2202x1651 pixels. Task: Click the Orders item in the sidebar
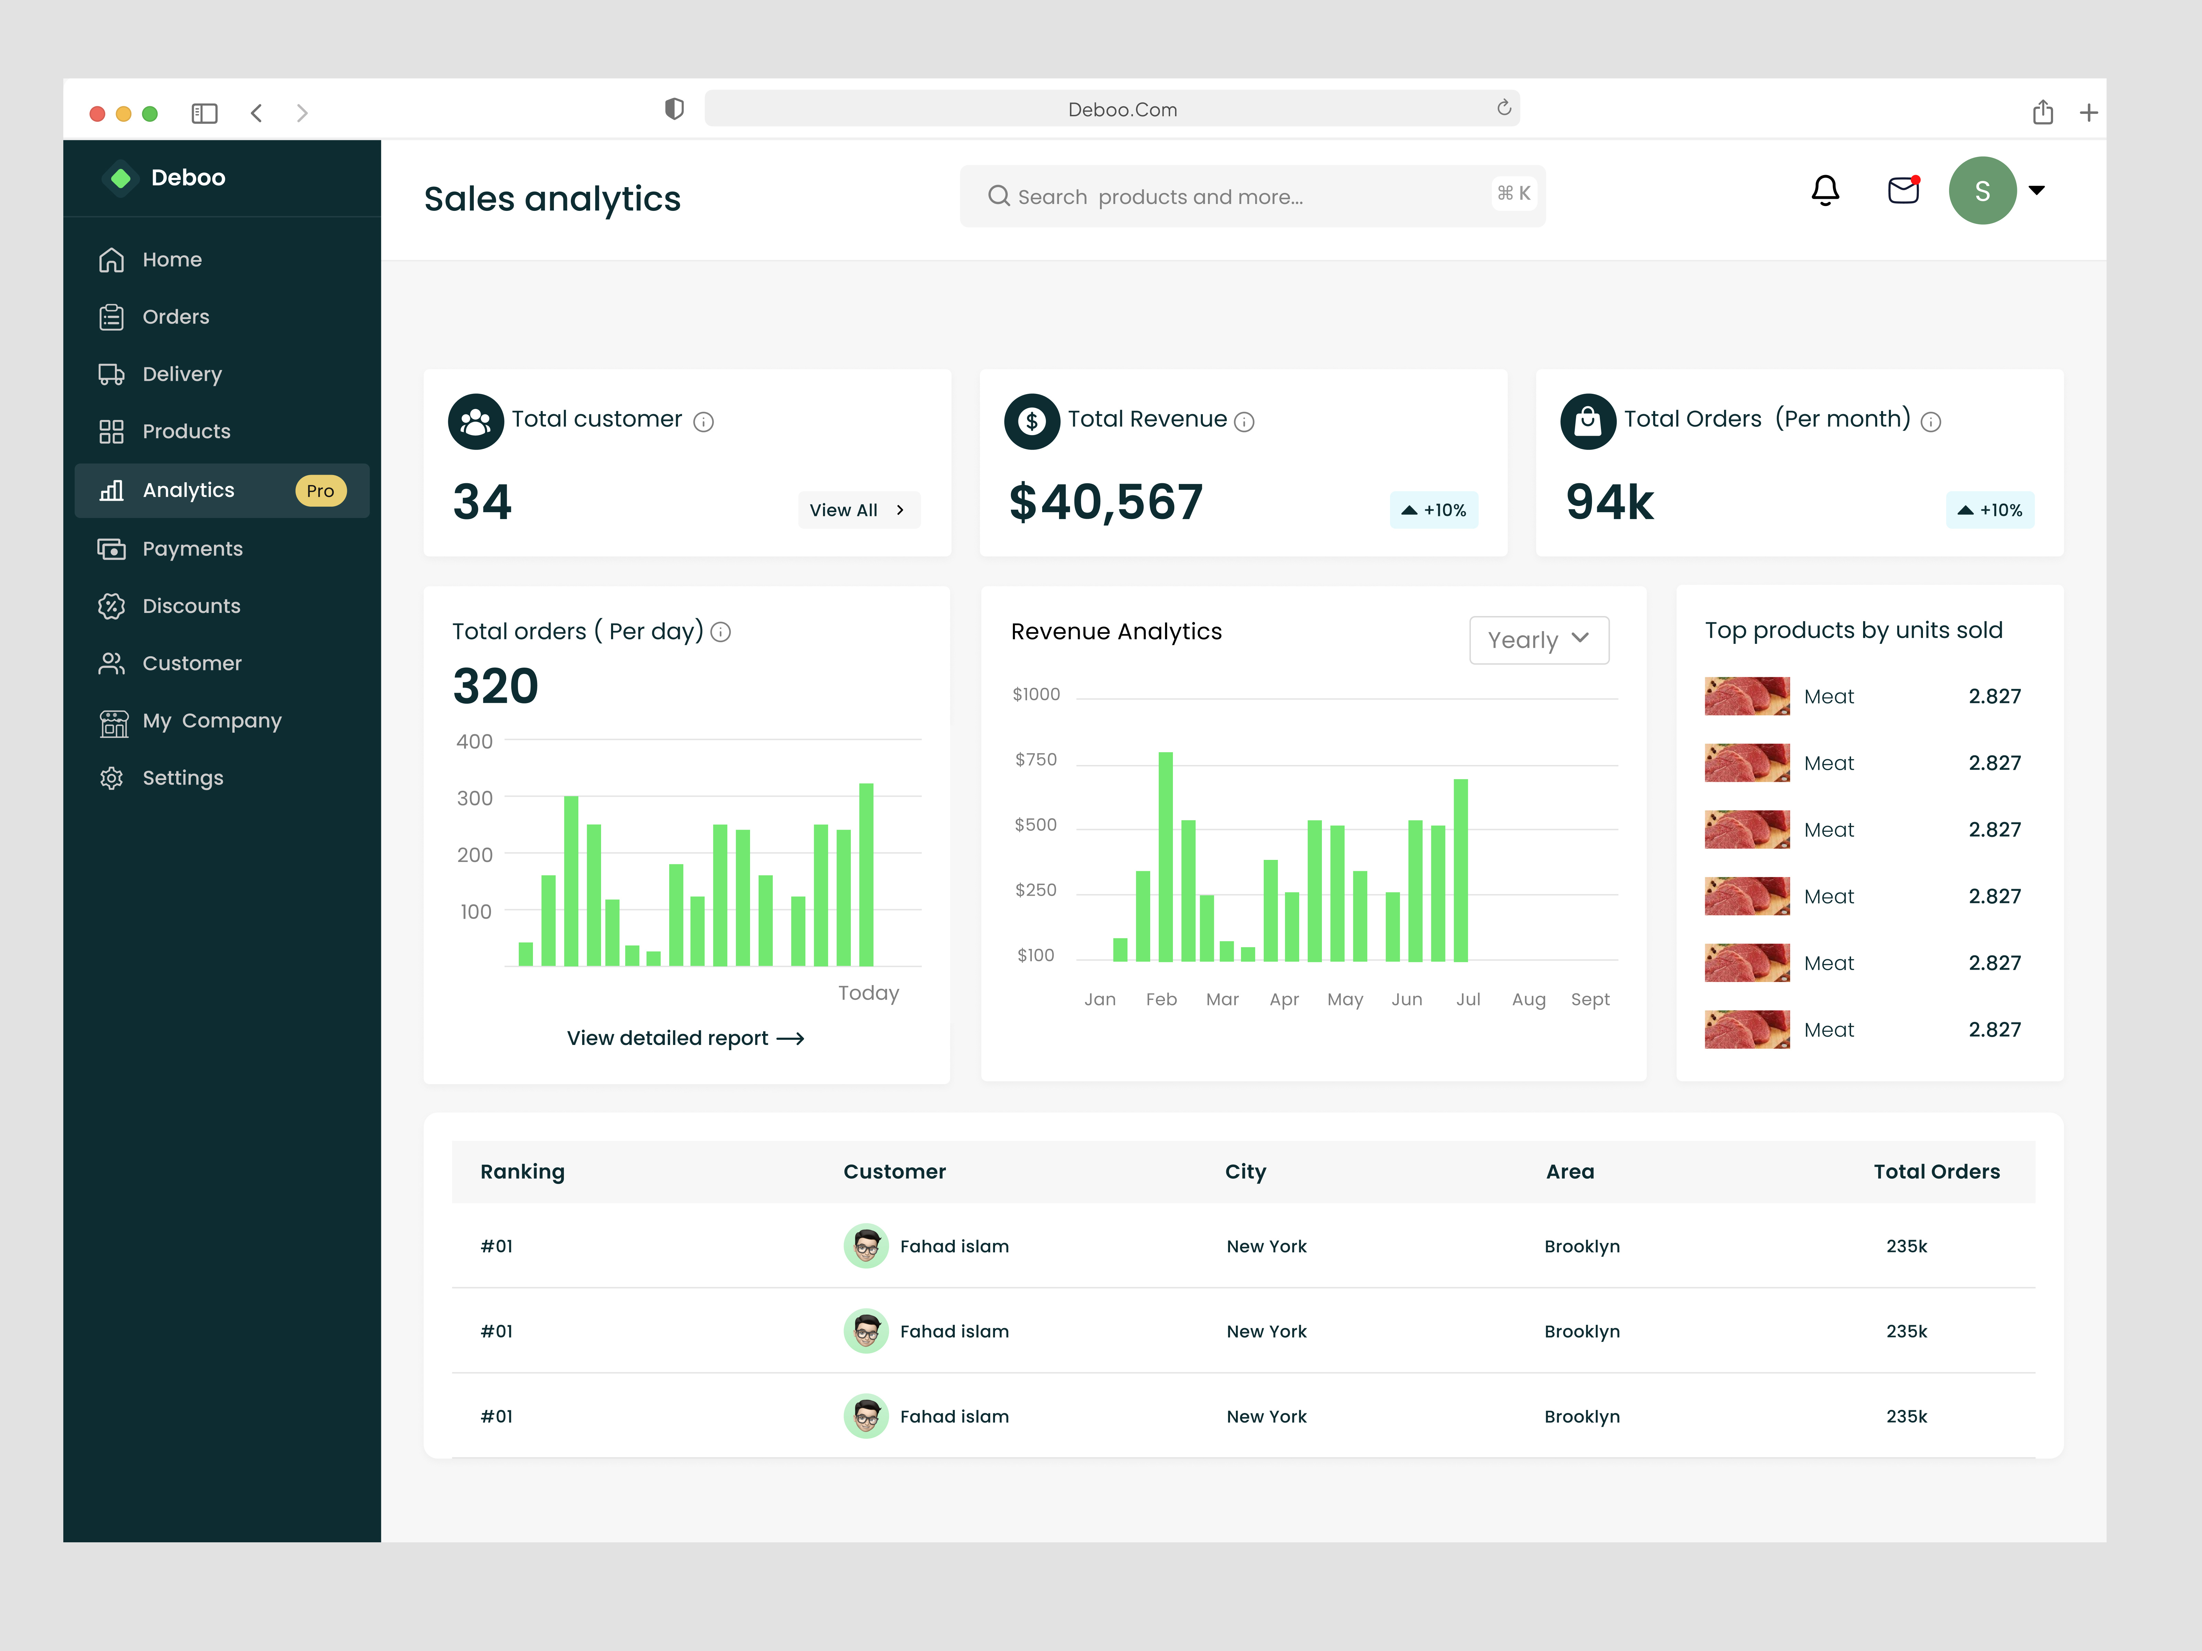(x=175, y=316)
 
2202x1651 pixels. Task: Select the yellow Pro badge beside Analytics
(x=320, y=490)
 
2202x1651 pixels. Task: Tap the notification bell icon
(x=1825, y=190)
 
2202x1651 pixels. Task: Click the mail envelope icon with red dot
(x=1902, y=190)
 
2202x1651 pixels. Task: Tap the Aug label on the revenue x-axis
(x=1528, y=999)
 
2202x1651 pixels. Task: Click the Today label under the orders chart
(x=868, y=993)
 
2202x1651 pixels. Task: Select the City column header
(x=1246, y=1171)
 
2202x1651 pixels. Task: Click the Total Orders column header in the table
(x=1936, y=1171)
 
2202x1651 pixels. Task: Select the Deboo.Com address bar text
(x=1122, y=109)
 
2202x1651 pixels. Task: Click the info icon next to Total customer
(x=704, y=422)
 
